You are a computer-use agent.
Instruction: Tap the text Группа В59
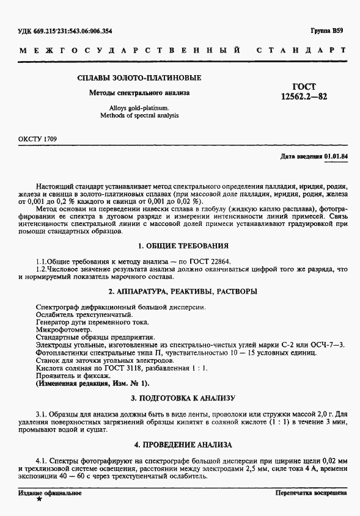[328, 31]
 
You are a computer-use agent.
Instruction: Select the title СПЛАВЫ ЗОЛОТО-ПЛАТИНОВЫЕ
[139, 78]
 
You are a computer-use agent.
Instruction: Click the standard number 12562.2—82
[303, 97]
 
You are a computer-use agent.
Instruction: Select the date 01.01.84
[336, 157]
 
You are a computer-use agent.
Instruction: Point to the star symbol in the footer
[40, 500]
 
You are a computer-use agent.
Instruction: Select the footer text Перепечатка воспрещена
[311, 492]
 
